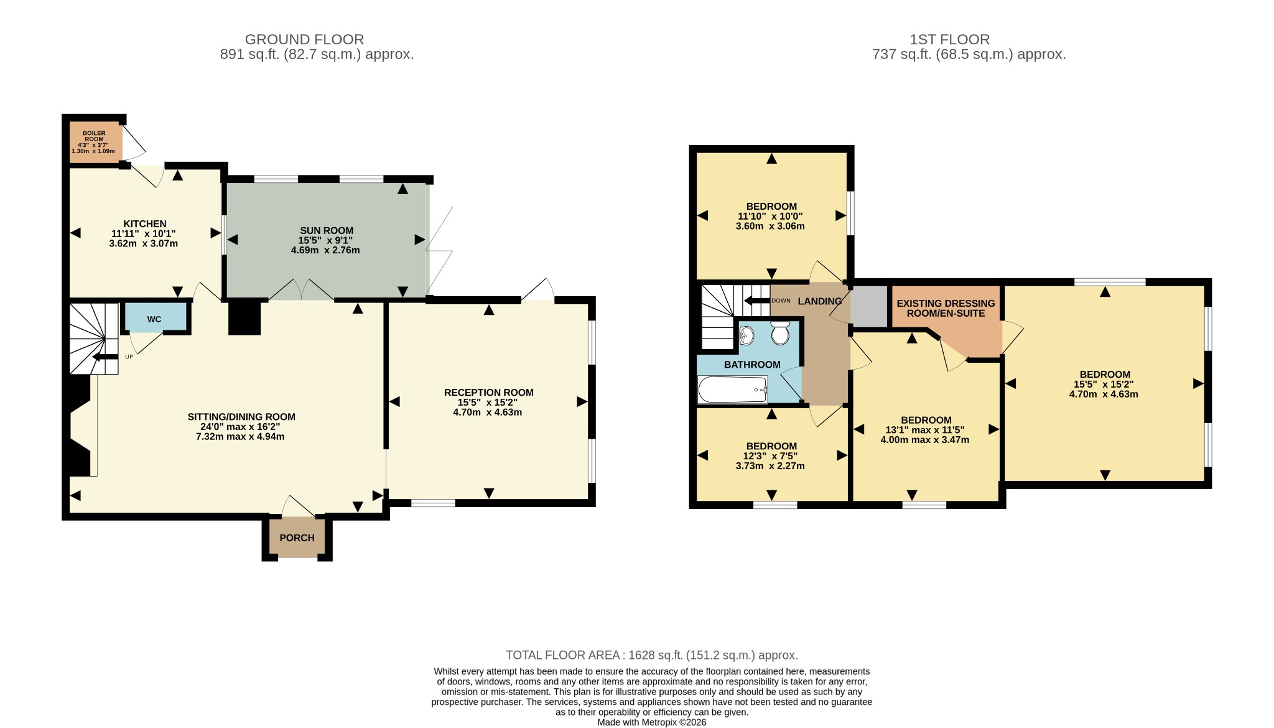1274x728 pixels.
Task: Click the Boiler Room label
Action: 94,136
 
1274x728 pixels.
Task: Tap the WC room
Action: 155,318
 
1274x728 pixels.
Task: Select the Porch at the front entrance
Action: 297,537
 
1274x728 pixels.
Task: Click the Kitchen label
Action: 145,224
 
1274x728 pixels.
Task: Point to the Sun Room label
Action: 327,231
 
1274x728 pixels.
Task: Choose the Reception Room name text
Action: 489,393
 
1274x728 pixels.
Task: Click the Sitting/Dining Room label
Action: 241,417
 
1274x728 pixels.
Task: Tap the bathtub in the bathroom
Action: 733,390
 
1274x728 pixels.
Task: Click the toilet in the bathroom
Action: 780,334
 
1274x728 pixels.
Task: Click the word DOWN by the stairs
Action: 781,301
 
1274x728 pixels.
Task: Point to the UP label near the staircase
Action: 129,357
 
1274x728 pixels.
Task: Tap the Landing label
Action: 820,301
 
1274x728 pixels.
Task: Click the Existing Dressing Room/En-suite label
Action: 946,309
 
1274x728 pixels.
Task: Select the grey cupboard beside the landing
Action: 869,306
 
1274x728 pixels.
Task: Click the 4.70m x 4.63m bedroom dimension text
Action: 1104,394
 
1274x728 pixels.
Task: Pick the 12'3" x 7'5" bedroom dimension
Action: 771,456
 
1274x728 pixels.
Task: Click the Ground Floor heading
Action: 305,40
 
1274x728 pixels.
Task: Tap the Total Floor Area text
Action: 651,655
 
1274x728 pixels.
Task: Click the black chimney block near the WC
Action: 244,317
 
